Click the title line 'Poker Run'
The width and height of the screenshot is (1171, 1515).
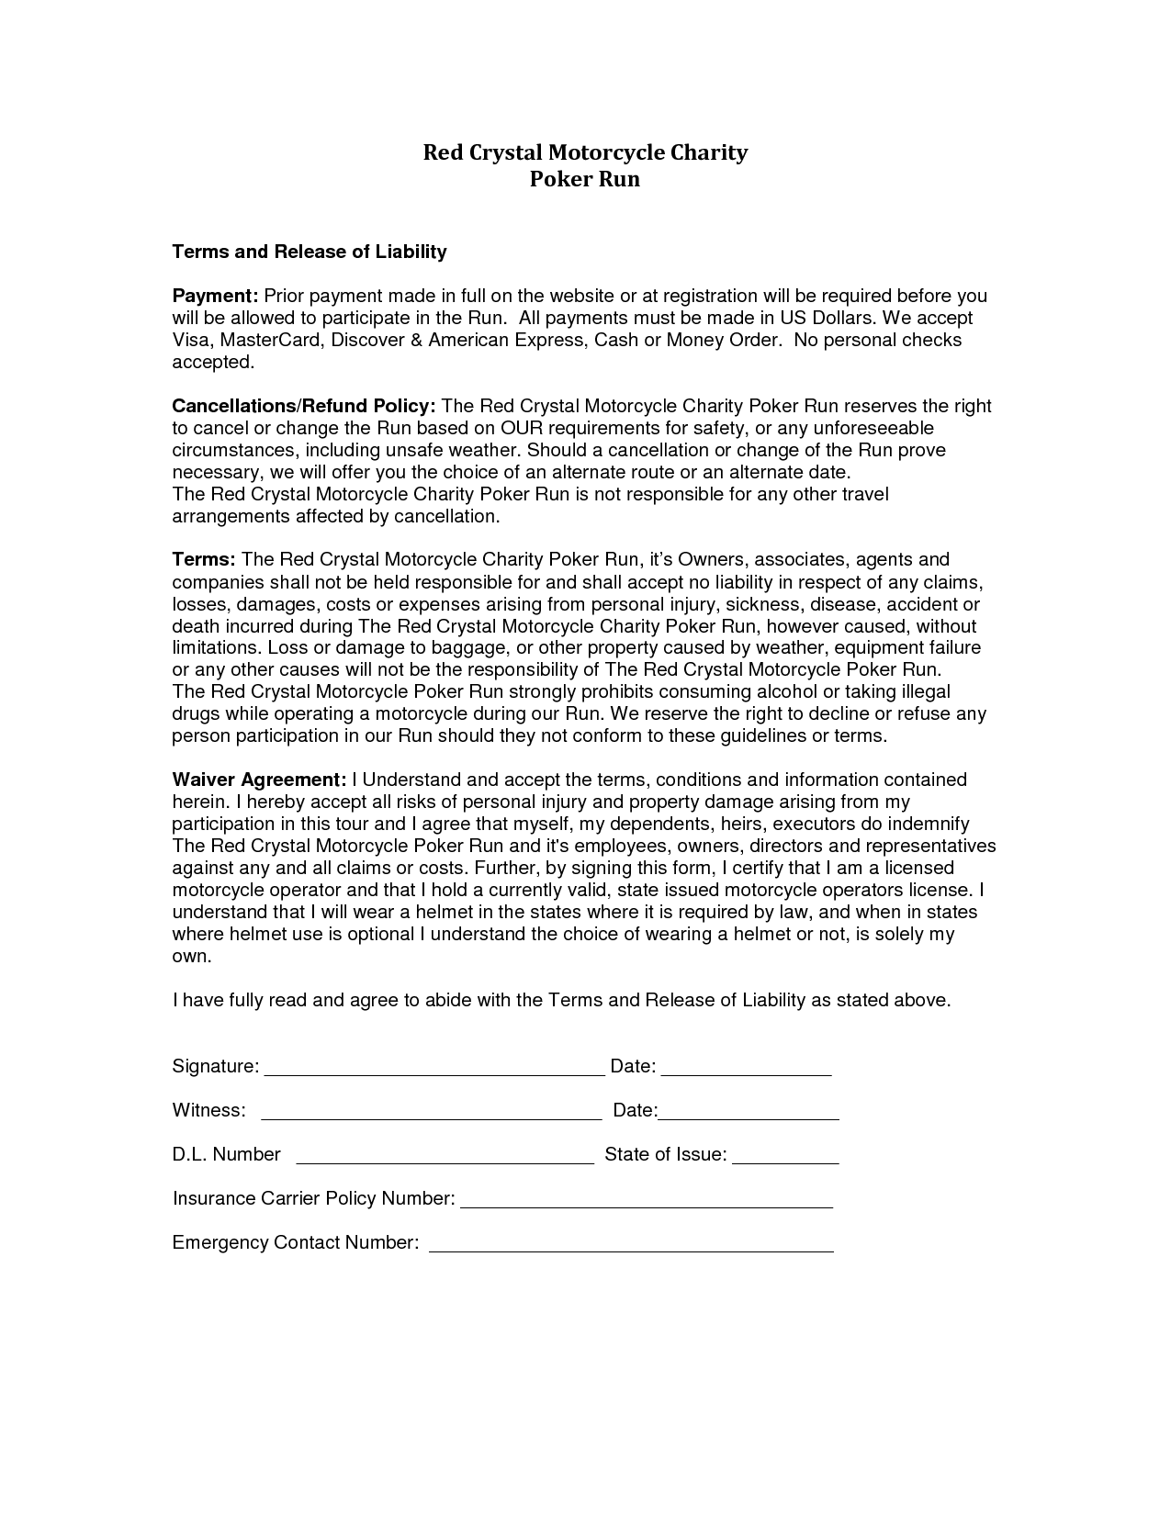point(585,179)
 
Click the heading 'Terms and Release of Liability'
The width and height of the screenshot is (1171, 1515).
point(310,252)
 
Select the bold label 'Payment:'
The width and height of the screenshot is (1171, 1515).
point(216,296)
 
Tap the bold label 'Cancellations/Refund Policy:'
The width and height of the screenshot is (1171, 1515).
point(304,406)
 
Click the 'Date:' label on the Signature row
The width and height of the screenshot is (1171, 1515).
point(633,1066)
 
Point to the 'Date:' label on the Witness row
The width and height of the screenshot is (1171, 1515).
point(635,1110)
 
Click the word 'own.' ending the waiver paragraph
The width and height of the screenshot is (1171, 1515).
point(192,956)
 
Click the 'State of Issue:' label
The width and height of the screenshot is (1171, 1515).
point(666,1154)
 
